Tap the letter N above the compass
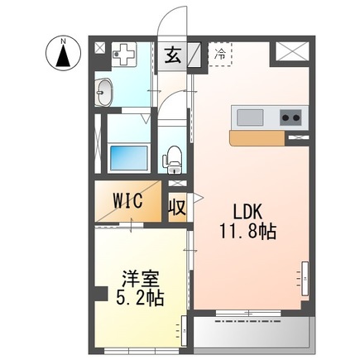pos(62,39)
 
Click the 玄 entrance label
pos(172,55)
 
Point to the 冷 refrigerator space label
pos(220,54)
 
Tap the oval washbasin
pos(104,94)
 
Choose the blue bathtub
pos(127,156)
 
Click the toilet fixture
pos(174,155)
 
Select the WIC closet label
pos(129,201)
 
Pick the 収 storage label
pos(177,204)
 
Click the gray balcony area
pos(252,334)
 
